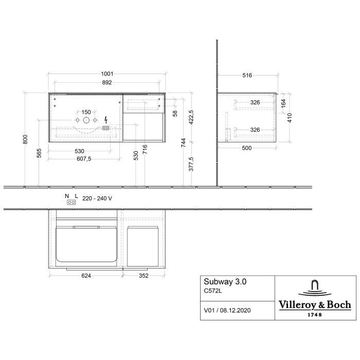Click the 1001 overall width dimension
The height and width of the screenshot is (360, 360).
tap(107, 74)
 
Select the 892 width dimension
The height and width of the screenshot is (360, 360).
tap(107, 82)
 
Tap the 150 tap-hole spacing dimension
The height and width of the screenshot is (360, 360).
tap(86, 112)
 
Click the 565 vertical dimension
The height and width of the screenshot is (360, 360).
tap(40, 153)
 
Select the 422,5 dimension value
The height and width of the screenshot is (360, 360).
tap(192, 117)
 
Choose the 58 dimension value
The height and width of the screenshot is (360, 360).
tap(175, 113)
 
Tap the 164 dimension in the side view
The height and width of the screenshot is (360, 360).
tap(283, 102)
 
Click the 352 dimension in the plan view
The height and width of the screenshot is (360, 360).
tap(143, 276)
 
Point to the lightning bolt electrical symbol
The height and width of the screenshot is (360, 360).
tap(105, 119)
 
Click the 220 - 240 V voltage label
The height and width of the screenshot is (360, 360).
tap(97, 198)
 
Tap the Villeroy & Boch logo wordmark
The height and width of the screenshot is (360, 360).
tap(315, 305)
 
